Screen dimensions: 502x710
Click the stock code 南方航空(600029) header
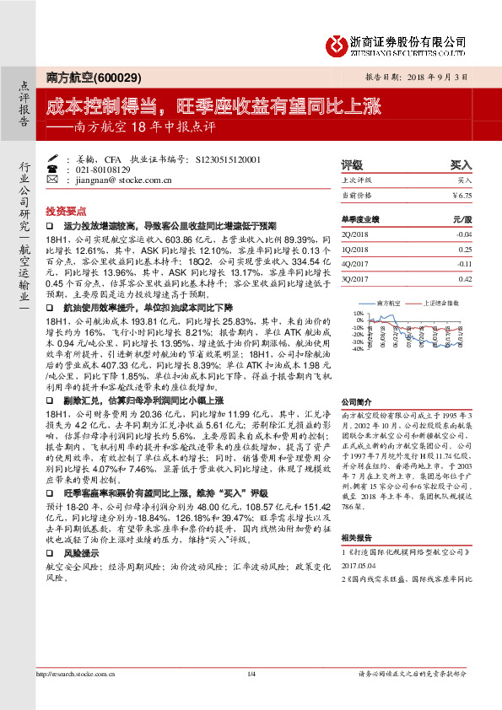pos(81,76)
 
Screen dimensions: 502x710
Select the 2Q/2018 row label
pos(356,234)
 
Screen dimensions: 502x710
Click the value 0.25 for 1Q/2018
pos(464,249)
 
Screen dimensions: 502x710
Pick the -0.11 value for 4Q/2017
pos(463,263)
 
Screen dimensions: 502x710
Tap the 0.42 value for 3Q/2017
pos(464,278)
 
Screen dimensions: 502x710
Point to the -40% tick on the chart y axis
pos(358,348)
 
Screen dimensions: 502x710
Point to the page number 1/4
pos(251,697)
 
